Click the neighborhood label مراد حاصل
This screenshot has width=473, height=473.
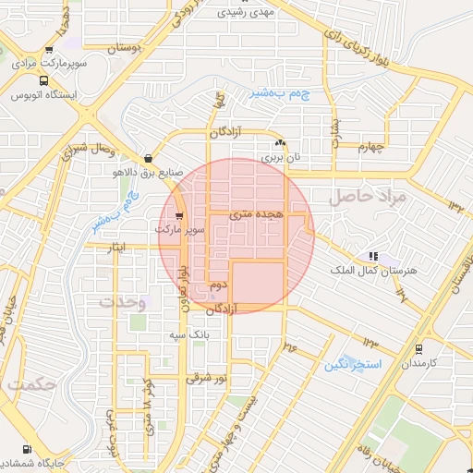pyautogui.click(x=370, y=197)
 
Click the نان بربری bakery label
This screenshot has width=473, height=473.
pyautogui.click(x=281, y=158)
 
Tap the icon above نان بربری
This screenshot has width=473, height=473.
pyautogui.click(x=281, y=144)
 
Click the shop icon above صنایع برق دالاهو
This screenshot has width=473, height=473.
pyautogui.click(x=148, y=158)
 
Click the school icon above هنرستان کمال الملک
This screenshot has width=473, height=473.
pyautogui.click(x=373, y=255)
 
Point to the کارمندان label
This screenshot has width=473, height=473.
pyautogui.click(x=419, y=364)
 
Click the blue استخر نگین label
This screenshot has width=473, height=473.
pyautogui.click(x=352, y=364)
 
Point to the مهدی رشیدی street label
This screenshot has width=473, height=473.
pyautogui.click(x=245, y=12)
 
